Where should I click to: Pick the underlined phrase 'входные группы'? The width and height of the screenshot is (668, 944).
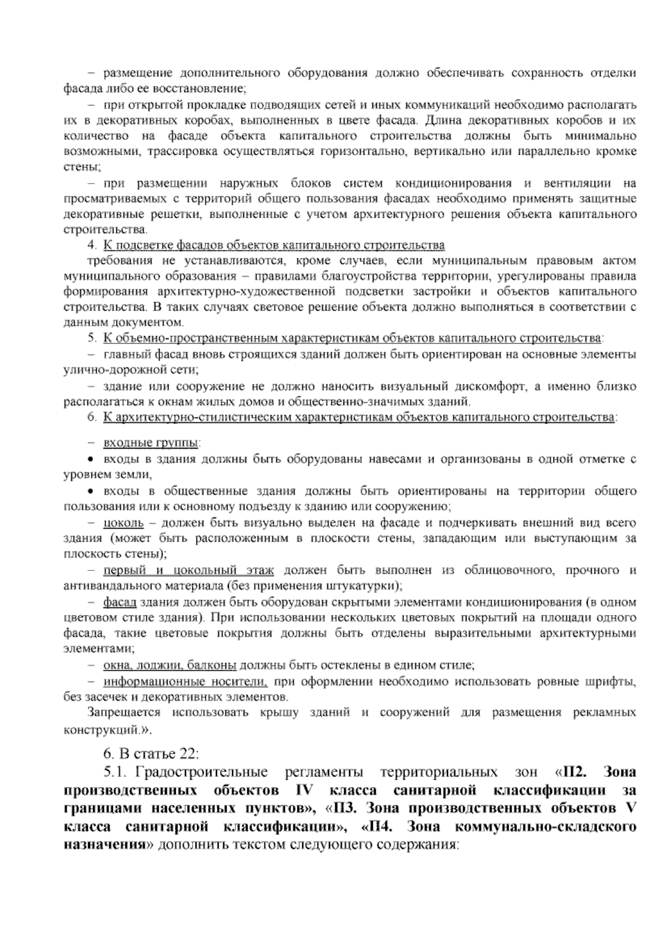coord(151,444)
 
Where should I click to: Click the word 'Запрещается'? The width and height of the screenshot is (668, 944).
coord(124,713)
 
